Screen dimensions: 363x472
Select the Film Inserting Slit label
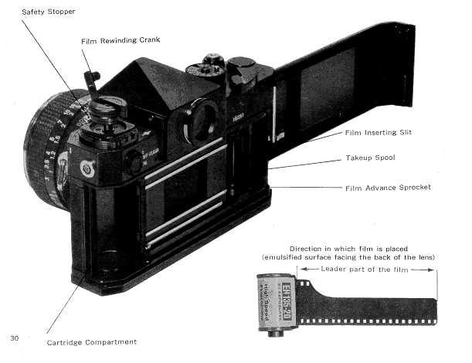[x=379, y=133]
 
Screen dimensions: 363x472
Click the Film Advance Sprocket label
[x=387, y=187]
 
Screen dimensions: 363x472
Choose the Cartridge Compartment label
[x=92, y=342]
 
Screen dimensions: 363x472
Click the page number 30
[x=15, y=338]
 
